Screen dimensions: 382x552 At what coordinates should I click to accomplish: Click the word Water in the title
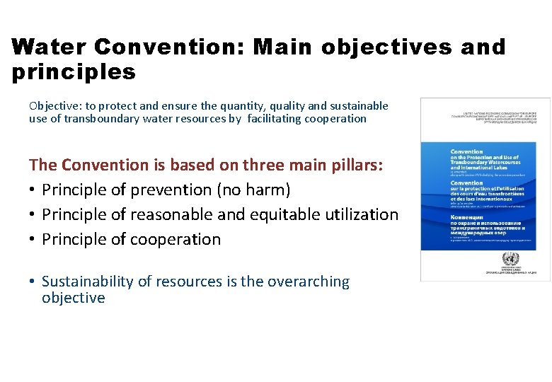pyautogui.click(x=48, y=47)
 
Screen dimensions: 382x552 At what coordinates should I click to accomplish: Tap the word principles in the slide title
pyautogui.click(x=74, y=72)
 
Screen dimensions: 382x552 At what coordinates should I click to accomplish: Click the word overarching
pyautogui.click(x=310, y=282)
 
